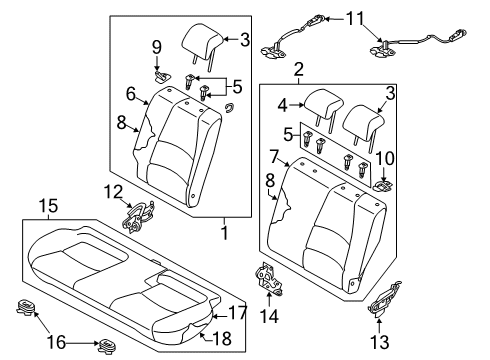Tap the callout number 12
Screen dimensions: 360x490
[115, 190]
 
